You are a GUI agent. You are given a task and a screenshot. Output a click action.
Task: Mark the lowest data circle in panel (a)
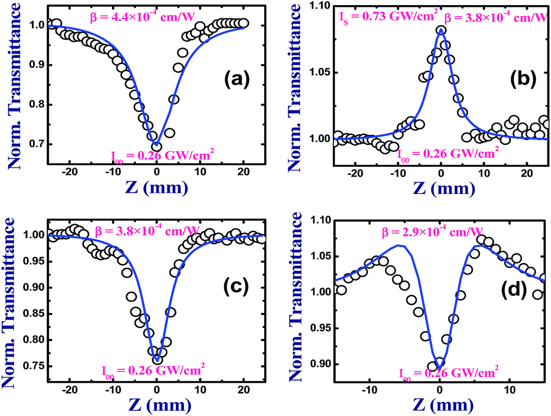(x=157, y=147)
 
